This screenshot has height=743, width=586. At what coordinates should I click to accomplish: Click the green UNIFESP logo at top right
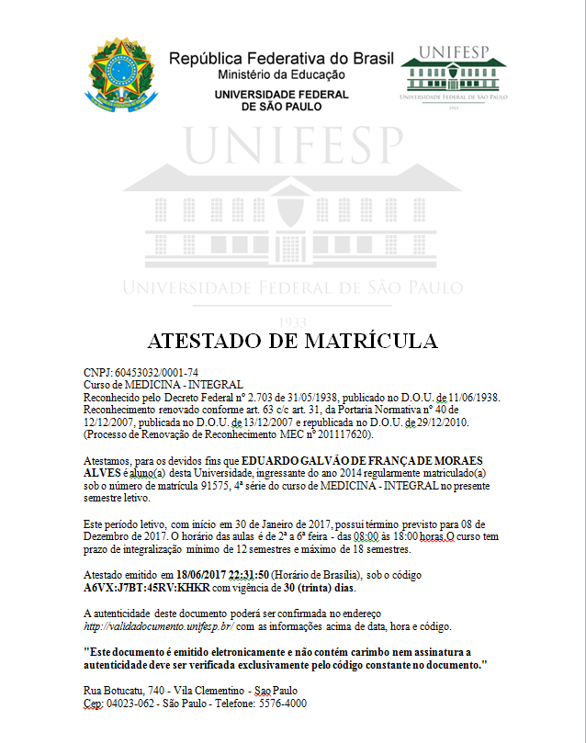point(454,74)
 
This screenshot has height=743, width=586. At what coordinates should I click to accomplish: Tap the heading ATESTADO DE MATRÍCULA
point(292,340)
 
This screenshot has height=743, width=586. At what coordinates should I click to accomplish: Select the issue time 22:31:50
point(263,574)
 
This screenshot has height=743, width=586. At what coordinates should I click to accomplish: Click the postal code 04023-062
point(125,703)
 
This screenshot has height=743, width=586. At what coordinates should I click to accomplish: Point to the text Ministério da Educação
point(281,73)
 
